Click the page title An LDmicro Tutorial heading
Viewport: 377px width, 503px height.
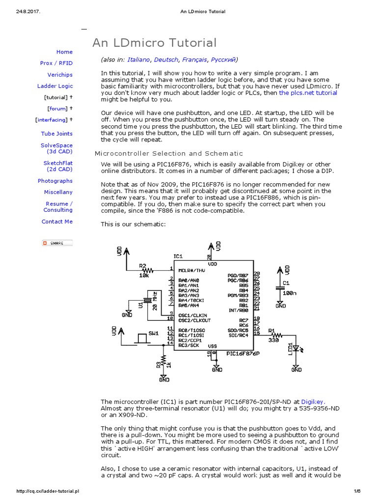point(154,43)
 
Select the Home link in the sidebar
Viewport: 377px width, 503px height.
point(64,52)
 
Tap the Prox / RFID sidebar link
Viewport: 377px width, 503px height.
point(56,63)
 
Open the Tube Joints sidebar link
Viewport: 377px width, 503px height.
point(56,134)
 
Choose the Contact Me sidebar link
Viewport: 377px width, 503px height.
point(57,222)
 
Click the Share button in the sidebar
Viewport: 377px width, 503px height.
point(57,243)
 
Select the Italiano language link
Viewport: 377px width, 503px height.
point(138,59)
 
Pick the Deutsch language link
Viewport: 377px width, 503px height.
point(166,59)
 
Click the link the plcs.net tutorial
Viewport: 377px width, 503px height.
point(308,92)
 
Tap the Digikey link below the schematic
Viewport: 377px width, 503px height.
point(313,401)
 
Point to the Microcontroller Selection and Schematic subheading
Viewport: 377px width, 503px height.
point(168,154)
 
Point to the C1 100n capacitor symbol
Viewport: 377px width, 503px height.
point(280,289)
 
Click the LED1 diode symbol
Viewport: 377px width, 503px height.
point(296,350)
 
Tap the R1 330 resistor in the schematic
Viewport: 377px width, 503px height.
point(276,335)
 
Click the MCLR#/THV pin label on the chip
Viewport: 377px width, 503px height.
point(191,270)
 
